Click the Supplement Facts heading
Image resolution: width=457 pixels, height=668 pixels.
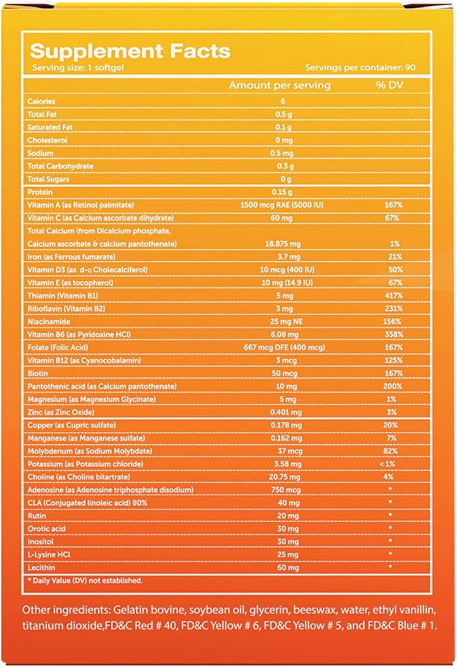click(131, 51)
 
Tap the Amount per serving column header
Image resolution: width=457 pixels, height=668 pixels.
click(279, 85)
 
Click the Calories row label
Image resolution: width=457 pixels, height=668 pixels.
click(41, 102)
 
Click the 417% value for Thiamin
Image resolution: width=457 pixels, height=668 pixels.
click(394, 295)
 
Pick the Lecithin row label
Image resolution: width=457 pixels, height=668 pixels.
click(39, 566)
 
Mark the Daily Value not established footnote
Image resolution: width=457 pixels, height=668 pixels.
click(85, 580)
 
